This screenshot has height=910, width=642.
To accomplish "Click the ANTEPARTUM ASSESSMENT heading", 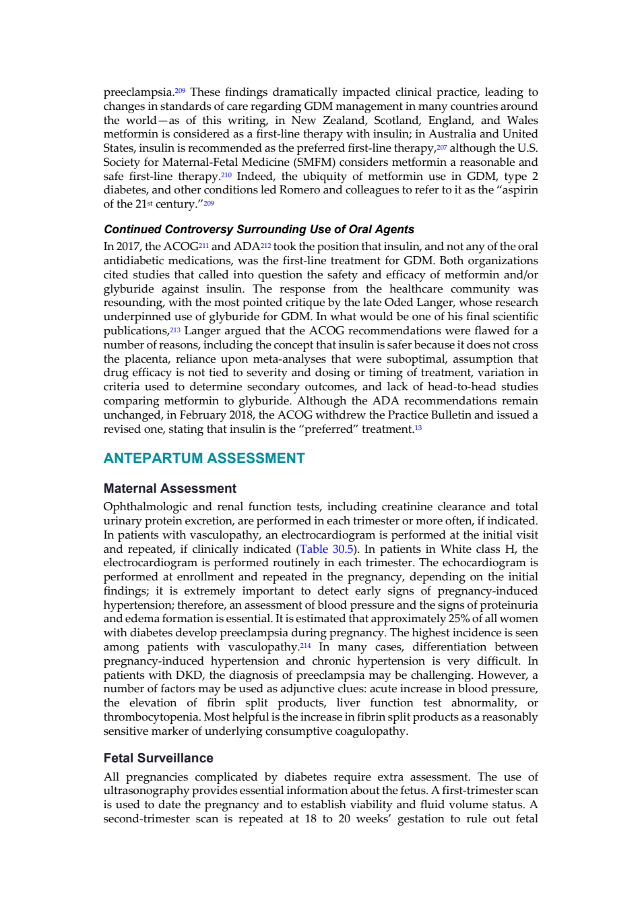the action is (204, 458).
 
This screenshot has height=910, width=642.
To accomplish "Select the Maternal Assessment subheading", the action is (170, 488).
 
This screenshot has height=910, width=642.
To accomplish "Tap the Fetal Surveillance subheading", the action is (158, 758).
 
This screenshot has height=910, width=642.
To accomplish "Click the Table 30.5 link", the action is (327, 549).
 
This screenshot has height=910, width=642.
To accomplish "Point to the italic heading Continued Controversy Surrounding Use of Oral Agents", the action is (259, 229).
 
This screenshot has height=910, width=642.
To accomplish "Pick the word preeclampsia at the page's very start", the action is (139, 92).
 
